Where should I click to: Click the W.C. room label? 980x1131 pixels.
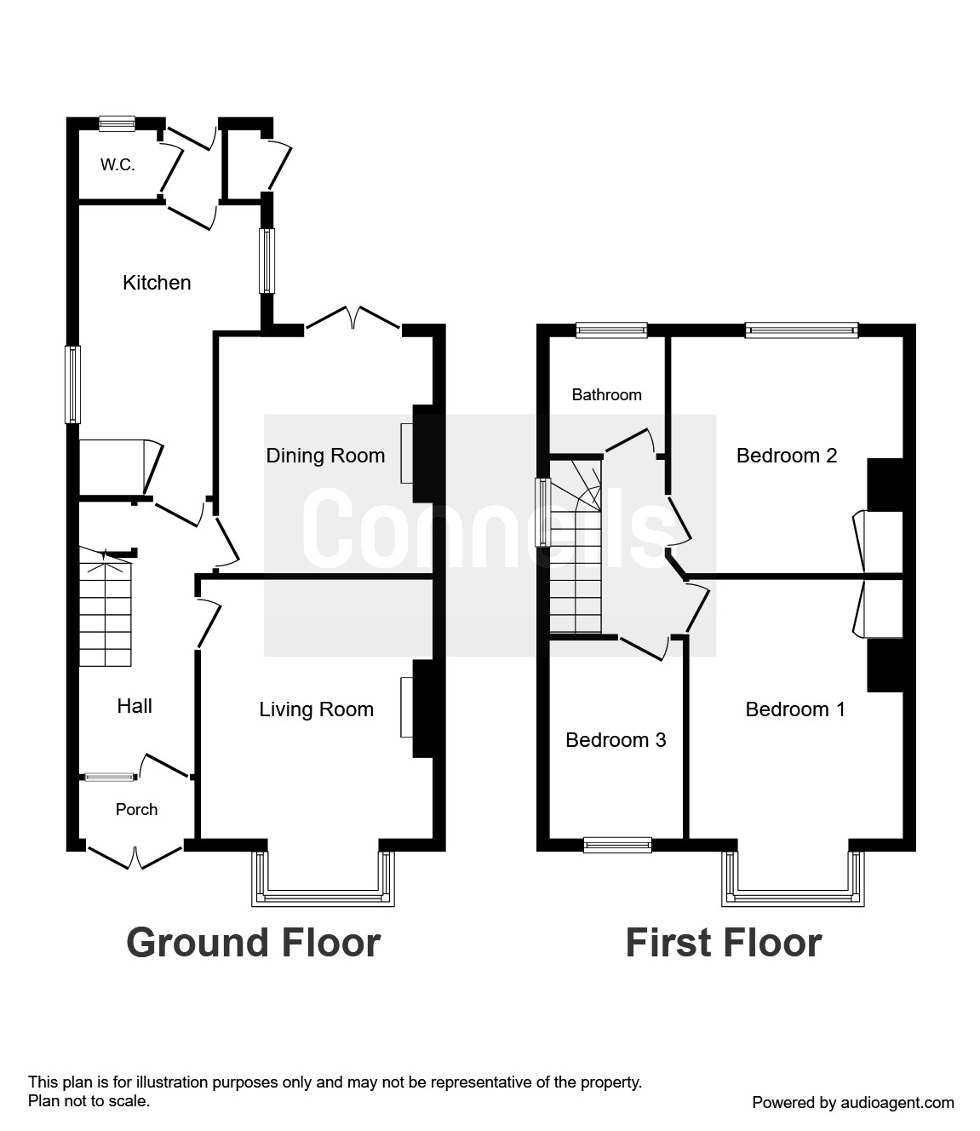pyautogui.click(x=117, y=164)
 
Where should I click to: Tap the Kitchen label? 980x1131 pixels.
pyautogui.click(x=157, y=283)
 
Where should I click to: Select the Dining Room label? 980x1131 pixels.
pyautogui.click(x=325, y=456)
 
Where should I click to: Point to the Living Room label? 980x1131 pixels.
pyautogui.click(x=316, y=709)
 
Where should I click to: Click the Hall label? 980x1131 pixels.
pyautogui.click(x=135, y=706)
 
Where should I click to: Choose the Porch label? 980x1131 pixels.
pyautogui.click(x=136, y=809)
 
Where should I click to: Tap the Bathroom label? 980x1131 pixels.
pyautogui.click(x=607, y=394)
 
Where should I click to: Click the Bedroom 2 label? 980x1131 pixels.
pyautogui.click(x=787, y=456)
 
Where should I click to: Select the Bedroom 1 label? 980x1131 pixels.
pyautogui.click(x=795, y=709)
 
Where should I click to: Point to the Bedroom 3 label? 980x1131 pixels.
pyautogui.click(x=616, y=740)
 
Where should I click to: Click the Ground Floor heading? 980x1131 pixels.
pyautogui.click(x=254, y=943)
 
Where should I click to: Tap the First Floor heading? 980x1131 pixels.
pyautogui.click(x=724, y=943)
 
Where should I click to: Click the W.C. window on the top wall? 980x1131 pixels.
pyautogui.click(x=117, y=123)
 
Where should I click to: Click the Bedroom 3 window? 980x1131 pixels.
pyautogui.click(x=618, y=845)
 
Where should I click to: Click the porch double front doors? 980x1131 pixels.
pyautogui.click(x=135, y=858)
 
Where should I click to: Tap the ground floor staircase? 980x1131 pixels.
pyautogui.click(x=106, y=607)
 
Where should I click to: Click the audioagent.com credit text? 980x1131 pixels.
pyautogui.click(x=853, y=1103)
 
